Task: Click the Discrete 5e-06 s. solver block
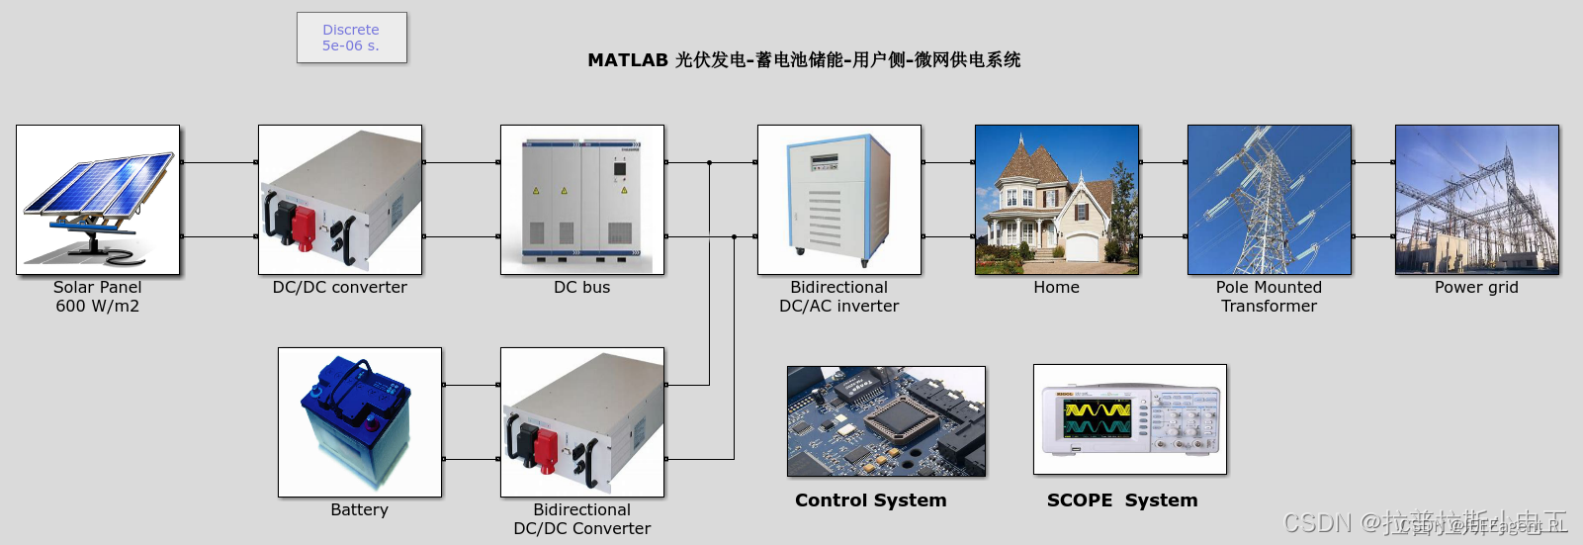(351, 38)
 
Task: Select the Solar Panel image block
(98, 200)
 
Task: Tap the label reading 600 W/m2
(97, 307)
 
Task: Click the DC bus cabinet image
(581, 200)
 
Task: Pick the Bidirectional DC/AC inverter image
(838, 200)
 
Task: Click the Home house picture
(1056, 200)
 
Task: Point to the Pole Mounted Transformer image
(1269, 200)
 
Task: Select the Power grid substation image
(1476, 200)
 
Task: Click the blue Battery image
(359, 422)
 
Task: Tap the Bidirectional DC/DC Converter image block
(581, 422)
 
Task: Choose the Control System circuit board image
(886, 421)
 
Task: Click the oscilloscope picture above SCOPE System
(1129, 419)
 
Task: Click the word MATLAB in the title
(628, 60)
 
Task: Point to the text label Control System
(870, 500)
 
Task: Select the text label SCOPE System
(1121, 500)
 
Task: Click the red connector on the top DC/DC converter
(302, 227)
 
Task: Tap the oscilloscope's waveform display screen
(1097, 418)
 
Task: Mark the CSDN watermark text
(1316, 522)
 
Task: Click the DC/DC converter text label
(339, 288)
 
